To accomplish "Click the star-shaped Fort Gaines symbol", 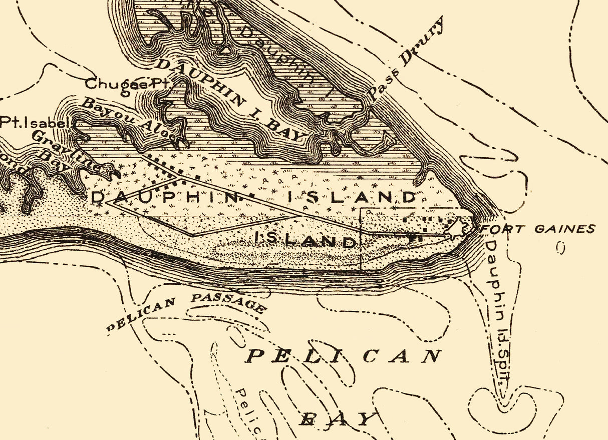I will point(457,228).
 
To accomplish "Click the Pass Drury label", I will point(407,59).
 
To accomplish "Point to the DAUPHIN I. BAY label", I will point(230,100).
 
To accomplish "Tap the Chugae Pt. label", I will point(128,84).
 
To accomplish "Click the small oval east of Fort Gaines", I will point(561,247).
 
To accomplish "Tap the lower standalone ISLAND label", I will point(305,241).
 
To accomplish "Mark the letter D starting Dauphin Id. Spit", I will point(491,247).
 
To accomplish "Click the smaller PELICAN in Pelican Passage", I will point(141,314).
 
